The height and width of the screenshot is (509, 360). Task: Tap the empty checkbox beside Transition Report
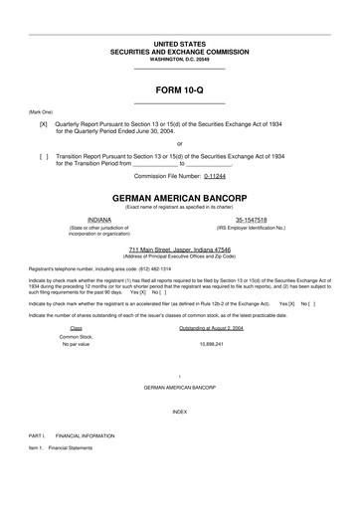(x=44, y=157)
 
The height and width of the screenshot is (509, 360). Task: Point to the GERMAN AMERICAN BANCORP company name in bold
(x=180, y=197)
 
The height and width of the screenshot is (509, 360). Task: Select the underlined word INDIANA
(x=100, y=218)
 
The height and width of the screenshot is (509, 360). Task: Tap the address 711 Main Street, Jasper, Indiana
(x=180, y=250)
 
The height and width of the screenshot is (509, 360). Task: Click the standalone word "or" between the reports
(x=180, y=141)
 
